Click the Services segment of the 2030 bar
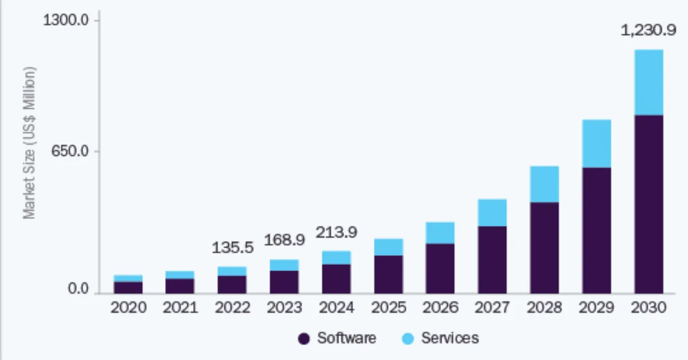pyautogui.click(x=648, y=83)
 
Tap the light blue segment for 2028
pyautogui.click(x=544, y=184)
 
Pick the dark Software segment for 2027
pyautogui.click(x=492, y=260)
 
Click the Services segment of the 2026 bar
pyautogui.click(x=440, y=233)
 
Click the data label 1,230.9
pyautogui.click(x=648, y=31)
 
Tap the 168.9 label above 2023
pyautogui.click(x=284, y=240)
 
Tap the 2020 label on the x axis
pyautogui.click(x=128, y=308)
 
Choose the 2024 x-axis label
pyautogui.click(x=337, y=308)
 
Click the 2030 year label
pyautogui.click(x=648, y=308)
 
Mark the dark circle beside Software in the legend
pyautogui.click(x=304, y=339)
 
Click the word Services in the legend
pyautogui.click(x=449, y=338)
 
